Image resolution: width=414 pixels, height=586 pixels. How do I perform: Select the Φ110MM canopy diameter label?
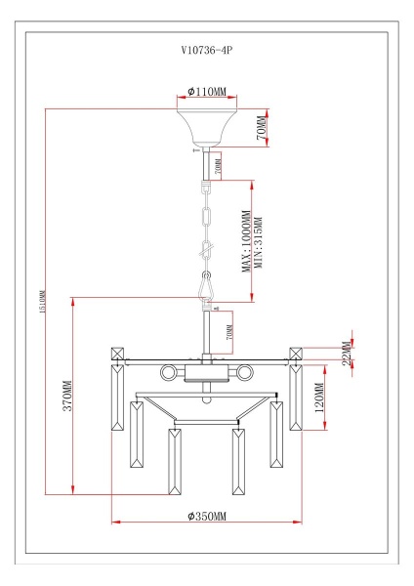(206, 92)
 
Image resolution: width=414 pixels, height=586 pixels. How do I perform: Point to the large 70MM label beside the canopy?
(261, 128)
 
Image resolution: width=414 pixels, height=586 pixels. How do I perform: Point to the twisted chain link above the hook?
(206, 251)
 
